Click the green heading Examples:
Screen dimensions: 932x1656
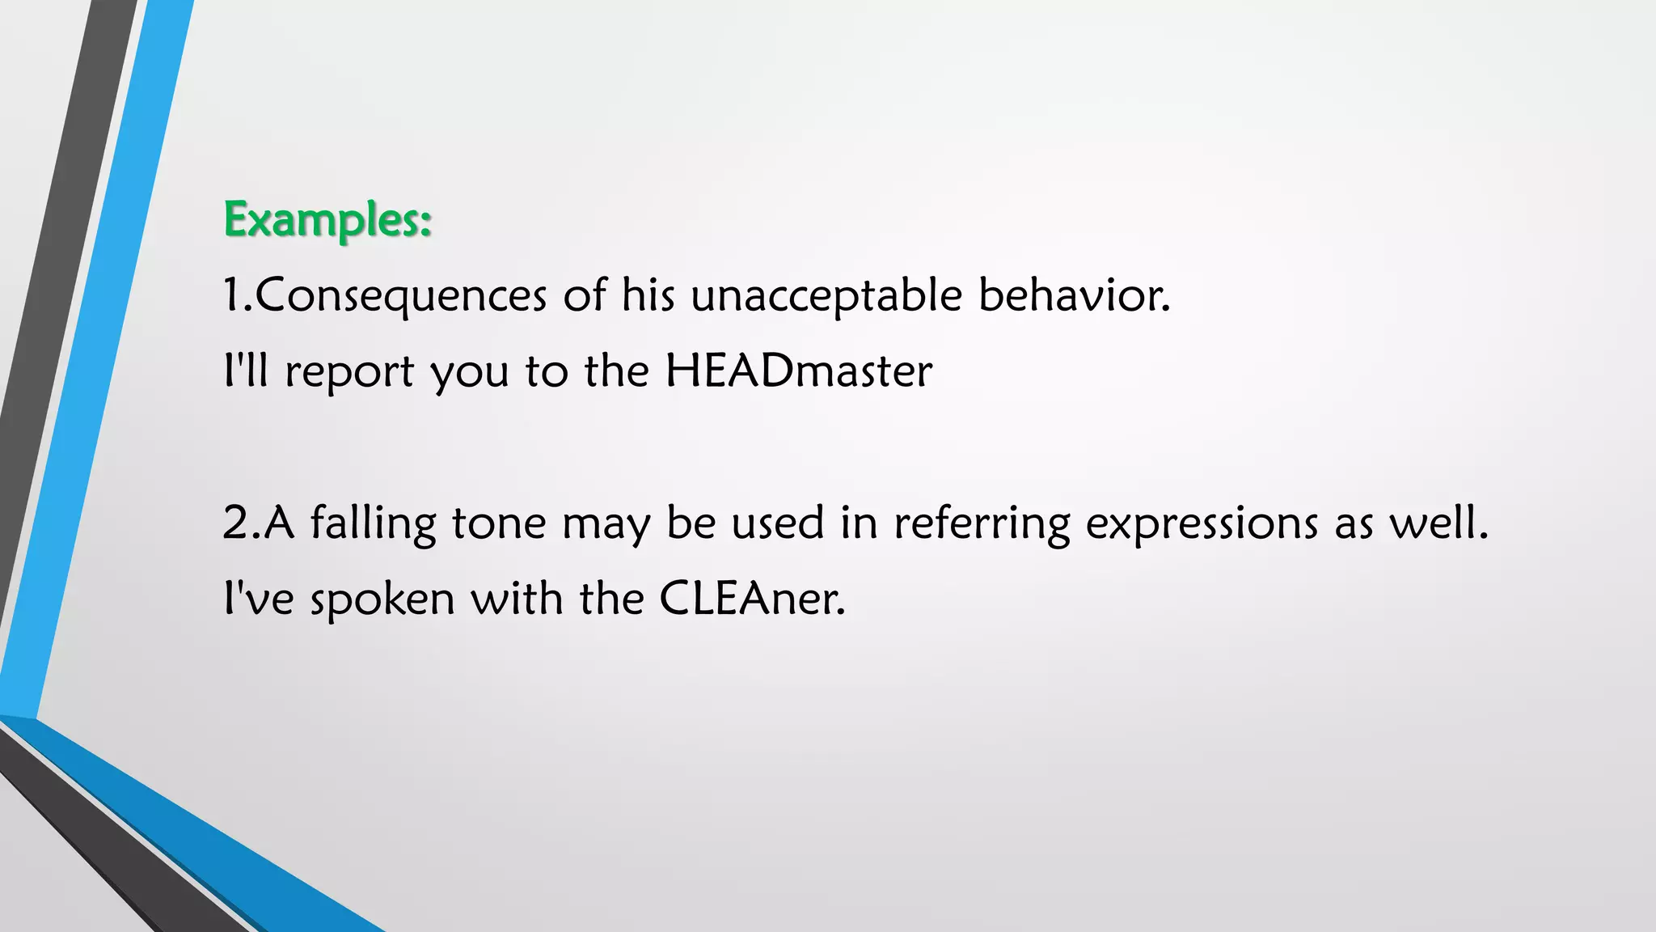(327, 219)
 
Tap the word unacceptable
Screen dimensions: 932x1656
(826, 294)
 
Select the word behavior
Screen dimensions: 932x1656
(1074, 294)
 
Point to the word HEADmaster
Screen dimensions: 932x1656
(799, 371)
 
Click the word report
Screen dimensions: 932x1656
(349, 371)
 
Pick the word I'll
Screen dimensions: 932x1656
(245, 371)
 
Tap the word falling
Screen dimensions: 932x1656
(374, 523)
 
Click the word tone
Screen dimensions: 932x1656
(499, 523)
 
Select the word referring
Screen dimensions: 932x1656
(982, 523)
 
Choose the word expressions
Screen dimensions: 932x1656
(1202, 523)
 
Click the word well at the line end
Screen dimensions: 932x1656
(1438, 523)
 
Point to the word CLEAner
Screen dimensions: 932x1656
(752, 599)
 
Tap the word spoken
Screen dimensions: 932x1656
(382, 599)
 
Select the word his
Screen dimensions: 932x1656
(648, 294)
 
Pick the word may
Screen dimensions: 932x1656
(606, 523)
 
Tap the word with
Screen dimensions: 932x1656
(517, 599)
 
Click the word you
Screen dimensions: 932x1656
(469, 371)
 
